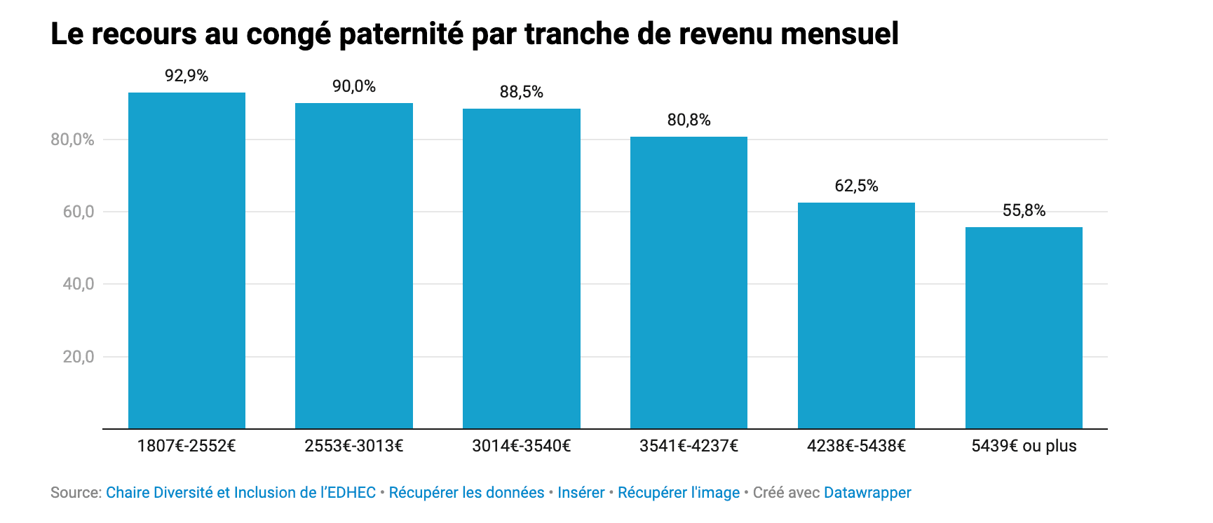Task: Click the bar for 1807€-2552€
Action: [187, 260]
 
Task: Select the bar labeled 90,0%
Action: [354, 266]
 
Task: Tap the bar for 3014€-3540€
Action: [522, 269]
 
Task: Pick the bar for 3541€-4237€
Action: [689, 283]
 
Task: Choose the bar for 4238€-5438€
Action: [856, 315]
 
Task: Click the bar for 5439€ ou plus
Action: [1024, 327]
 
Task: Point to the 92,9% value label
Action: [187, 76]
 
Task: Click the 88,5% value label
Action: [522, 92]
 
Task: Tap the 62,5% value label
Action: [856, 186]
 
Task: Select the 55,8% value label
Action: [1024, 210]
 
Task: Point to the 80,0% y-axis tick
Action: [72, 140]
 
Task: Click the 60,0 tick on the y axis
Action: [79, 212]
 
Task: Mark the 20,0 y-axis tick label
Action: [79, 357]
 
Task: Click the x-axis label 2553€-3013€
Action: [354, 446]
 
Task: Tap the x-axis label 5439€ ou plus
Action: [1024, 446]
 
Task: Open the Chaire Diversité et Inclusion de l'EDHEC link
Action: [240, 493]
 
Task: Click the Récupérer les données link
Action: [466, 493]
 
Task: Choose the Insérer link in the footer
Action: [581, 493]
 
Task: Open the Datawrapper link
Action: [867, 493]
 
